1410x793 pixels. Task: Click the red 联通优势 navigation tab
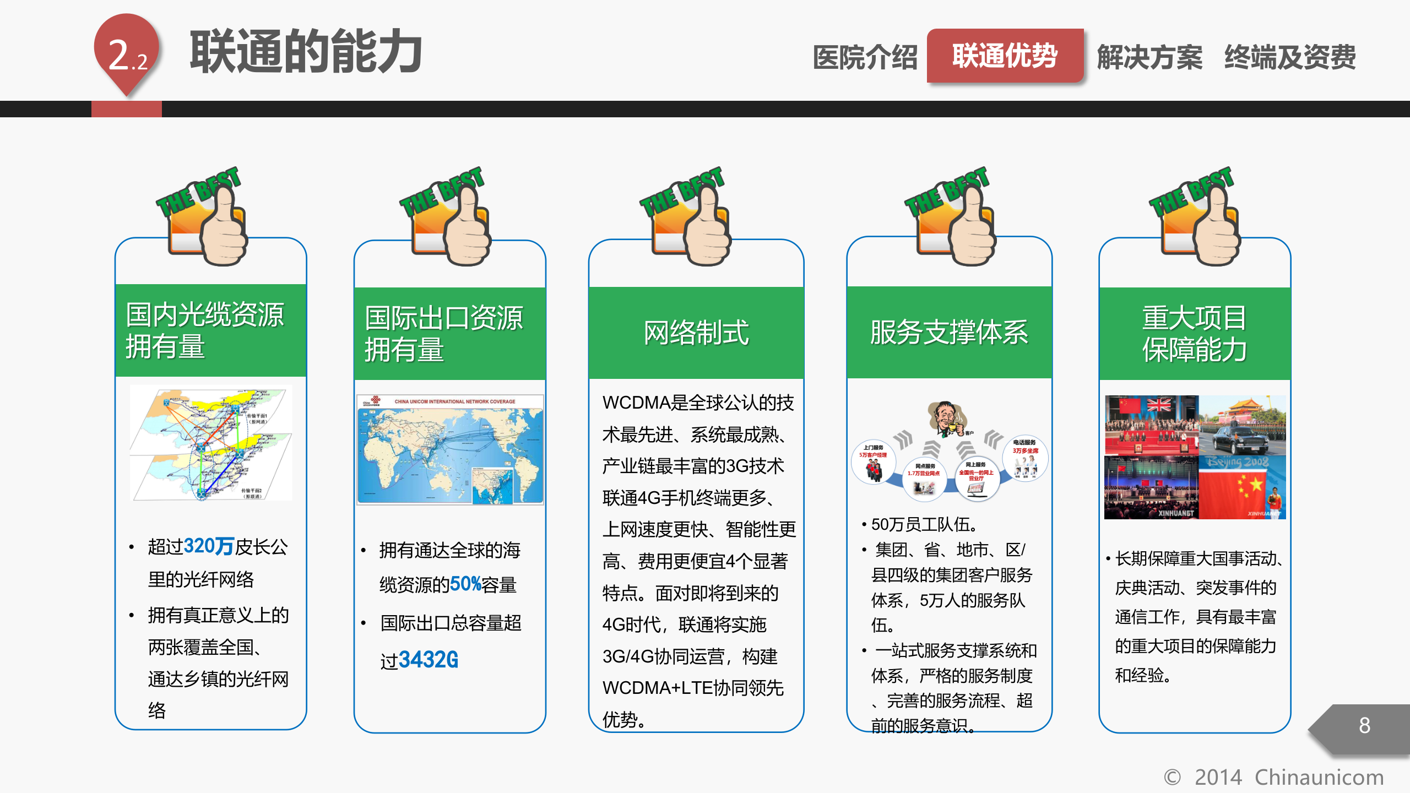[x=1005, y=56]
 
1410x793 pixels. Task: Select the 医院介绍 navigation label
[x=865, y=57]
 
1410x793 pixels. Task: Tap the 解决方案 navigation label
[x=1149, y=57]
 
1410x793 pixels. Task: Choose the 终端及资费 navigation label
[x=1290, y=57]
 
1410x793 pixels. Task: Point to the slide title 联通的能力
[x=306, y=52]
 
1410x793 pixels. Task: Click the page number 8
[x=1364, y=726]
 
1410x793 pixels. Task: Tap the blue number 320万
[x=209, y=546]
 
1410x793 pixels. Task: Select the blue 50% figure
[x=465, y=584]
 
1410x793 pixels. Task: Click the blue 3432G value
[x=428, y=659]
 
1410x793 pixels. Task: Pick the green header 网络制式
[x=696, y=332]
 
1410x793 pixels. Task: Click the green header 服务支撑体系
[x=949, y=332]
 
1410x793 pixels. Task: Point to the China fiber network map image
[x=211, y=443]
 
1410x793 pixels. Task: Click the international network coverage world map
[x=450, y=449]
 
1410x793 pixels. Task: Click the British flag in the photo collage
[x=1159, y=405]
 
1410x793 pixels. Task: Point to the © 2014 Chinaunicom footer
[x=1273, y=777]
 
